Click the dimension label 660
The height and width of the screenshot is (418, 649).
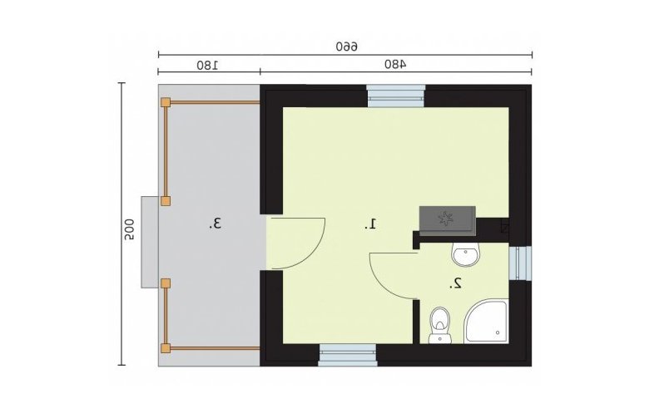coord(347,46)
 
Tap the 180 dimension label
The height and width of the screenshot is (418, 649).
coord(208,65)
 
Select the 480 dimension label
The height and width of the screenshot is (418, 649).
coord(395,64)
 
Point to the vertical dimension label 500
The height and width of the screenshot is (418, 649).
coord(129,229)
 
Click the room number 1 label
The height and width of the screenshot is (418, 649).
coord(370,224)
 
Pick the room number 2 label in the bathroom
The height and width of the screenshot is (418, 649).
coord(456,283)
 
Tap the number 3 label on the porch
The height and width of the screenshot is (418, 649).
coord(216,224)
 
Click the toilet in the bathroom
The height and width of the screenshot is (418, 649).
coord(440,325)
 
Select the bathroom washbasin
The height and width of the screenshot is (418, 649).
coord(466,253)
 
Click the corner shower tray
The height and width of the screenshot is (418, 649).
coord(486,322)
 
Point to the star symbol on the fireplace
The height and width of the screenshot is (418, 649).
coord(446,219)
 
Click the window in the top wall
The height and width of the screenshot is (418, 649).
coord(396,96)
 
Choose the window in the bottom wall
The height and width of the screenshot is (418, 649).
coord(348,355)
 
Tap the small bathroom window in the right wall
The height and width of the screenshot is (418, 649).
coord(520,263)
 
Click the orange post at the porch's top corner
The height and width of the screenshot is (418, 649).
coord(166,102)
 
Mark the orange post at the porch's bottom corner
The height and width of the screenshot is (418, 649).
coord(166,348)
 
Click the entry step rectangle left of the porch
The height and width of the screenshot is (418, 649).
coord(150,242)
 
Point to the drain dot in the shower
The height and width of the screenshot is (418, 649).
coord(498,332)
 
